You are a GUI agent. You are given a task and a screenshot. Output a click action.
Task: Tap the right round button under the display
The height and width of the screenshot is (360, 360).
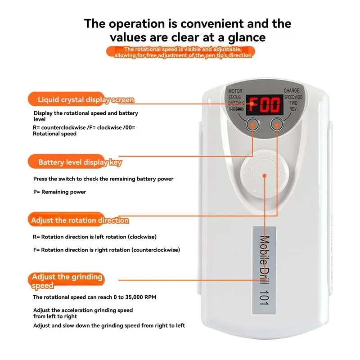tap(277, 124)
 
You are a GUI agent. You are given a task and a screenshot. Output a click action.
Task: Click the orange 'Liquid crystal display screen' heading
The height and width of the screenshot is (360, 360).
tap(81, 99)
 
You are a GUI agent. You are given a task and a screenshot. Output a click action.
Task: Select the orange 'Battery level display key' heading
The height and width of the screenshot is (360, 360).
tap(75, 162)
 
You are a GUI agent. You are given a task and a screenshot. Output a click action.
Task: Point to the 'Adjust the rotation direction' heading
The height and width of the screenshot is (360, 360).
tap(80, 220)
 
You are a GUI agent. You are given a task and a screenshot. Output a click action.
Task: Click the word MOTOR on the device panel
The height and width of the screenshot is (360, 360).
tap(235, 91)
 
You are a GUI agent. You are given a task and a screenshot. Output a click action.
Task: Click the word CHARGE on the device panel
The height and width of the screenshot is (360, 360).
tap(294, 91)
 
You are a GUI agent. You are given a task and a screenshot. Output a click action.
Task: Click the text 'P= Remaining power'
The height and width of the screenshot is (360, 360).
tap(59, 192)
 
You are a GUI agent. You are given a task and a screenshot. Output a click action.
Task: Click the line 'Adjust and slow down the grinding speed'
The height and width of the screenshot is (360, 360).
tap(109, 325)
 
